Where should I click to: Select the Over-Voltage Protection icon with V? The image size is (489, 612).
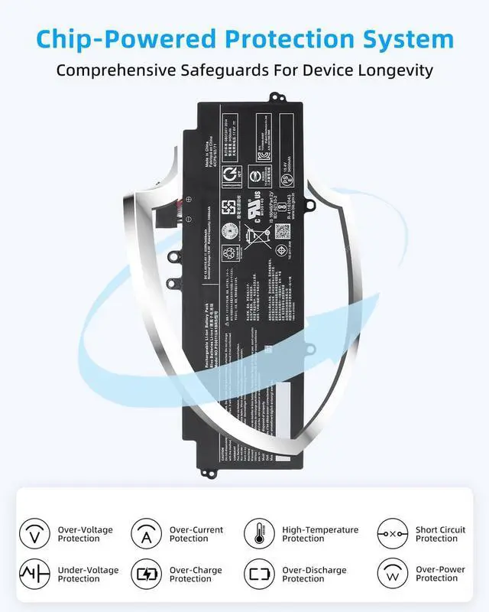click(34, 533)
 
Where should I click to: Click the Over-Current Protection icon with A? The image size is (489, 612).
click(146, 533)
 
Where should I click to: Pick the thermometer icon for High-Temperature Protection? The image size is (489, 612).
click(259, 533)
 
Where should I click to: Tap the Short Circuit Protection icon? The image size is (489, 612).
click(392, 533)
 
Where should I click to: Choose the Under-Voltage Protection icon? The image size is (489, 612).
click(34, 574)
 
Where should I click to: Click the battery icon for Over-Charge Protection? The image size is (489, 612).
click(146, 574)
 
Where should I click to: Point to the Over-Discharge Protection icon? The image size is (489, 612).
click(259, 574)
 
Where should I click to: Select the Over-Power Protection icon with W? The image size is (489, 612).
click(392, 574)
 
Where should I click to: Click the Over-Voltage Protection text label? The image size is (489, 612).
click(86, 534)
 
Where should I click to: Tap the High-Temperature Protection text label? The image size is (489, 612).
click(320, 534)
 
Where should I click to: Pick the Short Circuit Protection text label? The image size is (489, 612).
click(436, 534)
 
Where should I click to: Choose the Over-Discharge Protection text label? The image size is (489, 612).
click(314, 575)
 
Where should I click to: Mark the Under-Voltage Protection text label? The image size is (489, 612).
click(88, 575)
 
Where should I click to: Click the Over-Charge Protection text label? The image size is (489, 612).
click(196, 575)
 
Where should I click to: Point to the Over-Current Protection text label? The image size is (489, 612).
click(196, 534)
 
